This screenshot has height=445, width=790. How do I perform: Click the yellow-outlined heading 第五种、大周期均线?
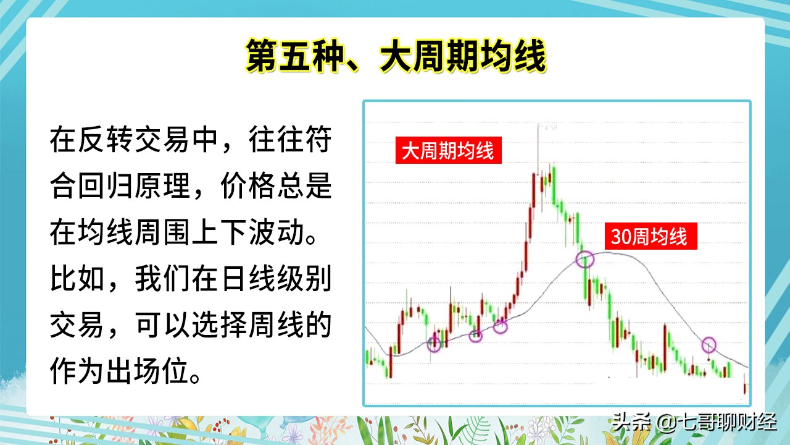(x=396, y=56)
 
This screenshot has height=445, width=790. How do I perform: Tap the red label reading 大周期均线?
(x=448, y=150)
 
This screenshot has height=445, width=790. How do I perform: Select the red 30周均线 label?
(x=651, y=236)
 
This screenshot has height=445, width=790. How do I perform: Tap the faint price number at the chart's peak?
(x=551, y=127)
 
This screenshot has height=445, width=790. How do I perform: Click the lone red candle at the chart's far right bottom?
(x=745, y=388)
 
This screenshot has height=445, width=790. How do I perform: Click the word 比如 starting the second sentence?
(x=77, y=278)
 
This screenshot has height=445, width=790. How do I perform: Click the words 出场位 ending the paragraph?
(x=146, y=371)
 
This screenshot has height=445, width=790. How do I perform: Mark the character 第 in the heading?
(x=260, y=56)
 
